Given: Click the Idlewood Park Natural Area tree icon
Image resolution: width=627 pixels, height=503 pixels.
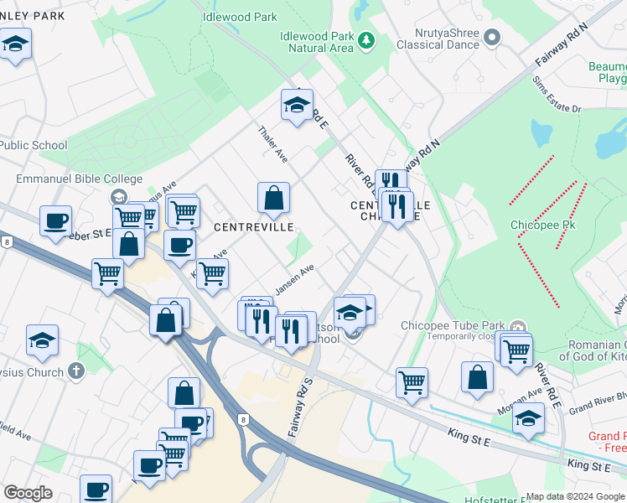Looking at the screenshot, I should point(365,39).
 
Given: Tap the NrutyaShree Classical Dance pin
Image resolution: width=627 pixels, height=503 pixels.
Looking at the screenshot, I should point(492,38).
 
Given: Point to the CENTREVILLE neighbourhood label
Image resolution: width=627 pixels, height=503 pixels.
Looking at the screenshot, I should point(253,227).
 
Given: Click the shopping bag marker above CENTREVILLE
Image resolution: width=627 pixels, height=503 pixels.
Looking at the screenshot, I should point(273,200).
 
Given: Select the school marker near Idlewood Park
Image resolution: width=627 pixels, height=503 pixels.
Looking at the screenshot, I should point(296,106).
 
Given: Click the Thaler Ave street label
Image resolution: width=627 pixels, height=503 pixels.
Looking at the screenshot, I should point(273,145).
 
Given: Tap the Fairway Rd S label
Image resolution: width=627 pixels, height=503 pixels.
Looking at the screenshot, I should point(299,406).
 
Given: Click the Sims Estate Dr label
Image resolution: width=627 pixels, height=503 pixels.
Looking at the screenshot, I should point(557,96).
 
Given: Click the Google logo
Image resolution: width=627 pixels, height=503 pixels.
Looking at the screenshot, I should point(28,493).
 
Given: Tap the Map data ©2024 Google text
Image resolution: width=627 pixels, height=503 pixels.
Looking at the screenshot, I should point(573,496).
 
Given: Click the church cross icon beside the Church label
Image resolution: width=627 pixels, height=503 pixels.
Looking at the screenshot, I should point(76,371).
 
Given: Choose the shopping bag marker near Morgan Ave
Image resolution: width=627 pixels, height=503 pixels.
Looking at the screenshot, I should point(477,377).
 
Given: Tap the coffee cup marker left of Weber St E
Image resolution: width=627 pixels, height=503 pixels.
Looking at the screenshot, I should point(56,220).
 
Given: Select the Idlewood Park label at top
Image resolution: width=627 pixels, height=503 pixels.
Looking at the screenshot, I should point(240,16).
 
